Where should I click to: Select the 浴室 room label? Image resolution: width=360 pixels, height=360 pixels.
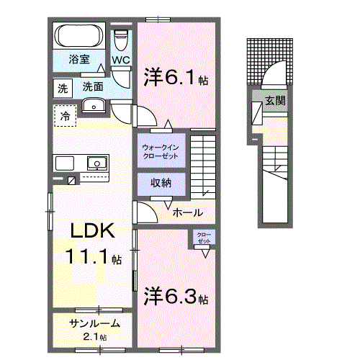coord(79,60)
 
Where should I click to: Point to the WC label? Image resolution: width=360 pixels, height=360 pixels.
coord(120,60)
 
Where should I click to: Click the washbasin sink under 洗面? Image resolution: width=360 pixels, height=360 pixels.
coord(92,106)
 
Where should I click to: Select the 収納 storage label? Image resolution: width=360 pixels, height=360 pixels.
coord(161,183)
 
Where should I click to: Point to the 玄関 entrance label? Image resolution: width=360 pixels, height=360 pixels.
coord(274,101)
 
